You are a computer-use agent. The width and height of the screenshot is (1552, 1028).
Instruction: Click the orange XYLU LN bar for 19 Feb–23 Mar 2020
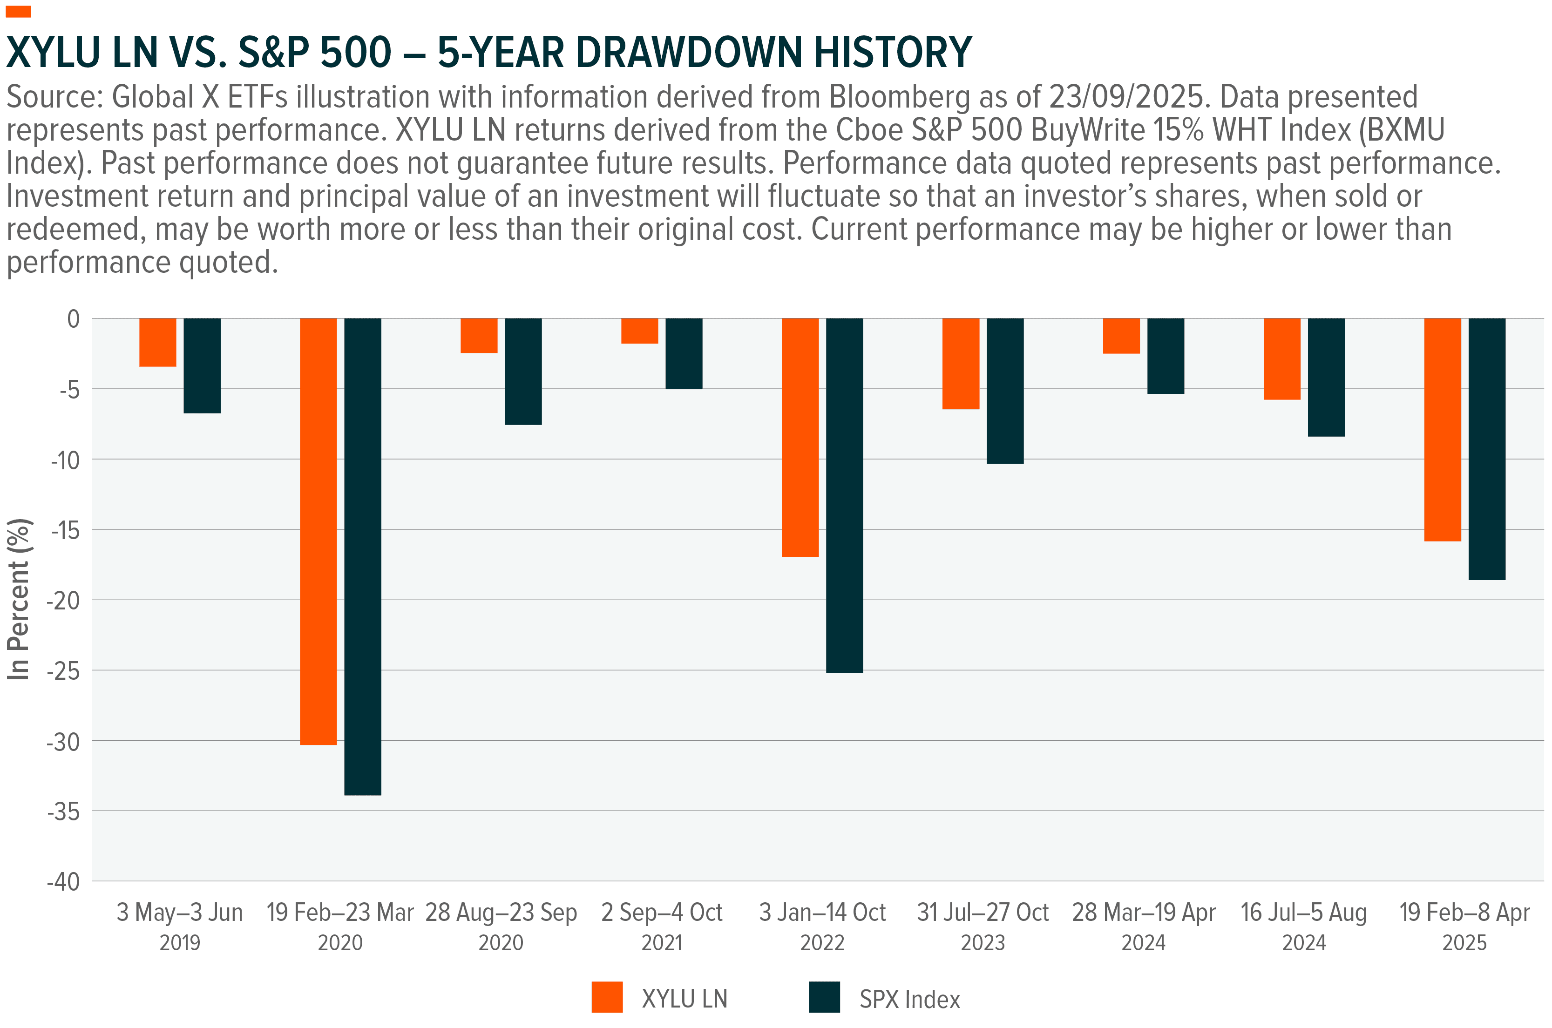coord(318,531)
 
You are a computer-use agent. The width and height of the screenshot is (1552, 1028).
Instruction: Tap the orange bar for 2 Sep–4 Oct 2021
coord(639,331)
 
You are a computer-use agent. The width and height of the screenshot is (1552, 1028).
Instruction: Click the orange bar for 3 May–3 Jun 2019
coord(157,342)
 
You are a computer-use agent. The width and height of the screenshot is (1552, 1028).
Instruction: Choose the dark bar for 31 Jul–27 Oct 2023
coord(1004,391)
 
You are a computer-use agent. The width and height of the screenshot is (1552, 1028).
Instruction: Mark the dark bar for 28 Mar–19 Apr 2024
coord(1165,356)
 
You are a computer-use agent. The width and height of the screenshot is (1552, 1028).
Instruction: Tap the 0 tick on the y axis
coord(74,319)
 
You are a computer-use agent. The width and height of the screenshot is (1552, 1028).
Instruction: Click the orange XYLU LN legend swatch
coord(607,997)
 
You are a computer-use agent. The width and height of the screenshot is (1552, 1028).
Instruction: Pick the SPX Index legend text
coord(909,999)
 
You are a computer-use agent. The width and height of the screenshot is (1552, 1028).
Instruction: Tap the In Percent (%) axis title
coord(18,599)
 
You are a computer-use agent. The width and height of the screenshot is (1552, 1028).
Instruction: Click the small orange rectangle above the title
coord(18,11)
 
